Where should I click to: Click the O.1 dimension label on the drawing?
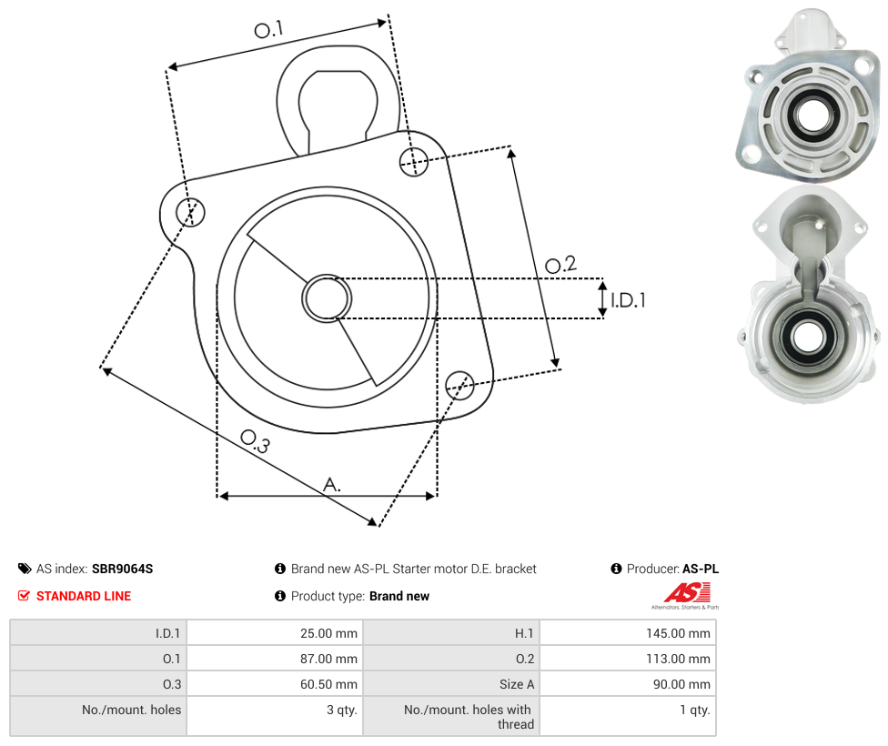click(x=268, y=29)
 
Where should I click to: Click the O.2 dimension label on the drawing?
click(x=560, y=264)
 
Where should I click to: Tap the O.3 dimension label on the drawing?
click(x=255, y=441)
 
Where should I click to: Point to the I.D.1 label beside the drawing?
click(x=628, y=299)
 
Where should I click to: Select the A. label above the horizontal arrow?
click(x=332, y=484)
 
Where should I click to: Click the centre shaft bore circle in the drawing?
click(x=327, y=298)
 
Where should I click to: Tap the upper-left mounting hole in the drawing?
click(x=190, y=212)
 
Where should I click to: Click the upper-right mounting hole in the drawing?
click(x=414, y=161)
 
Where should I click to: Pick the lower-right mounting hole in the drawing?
click(x=459, y=386)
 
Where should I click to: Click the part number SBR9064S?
click(x=122, y=569)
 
